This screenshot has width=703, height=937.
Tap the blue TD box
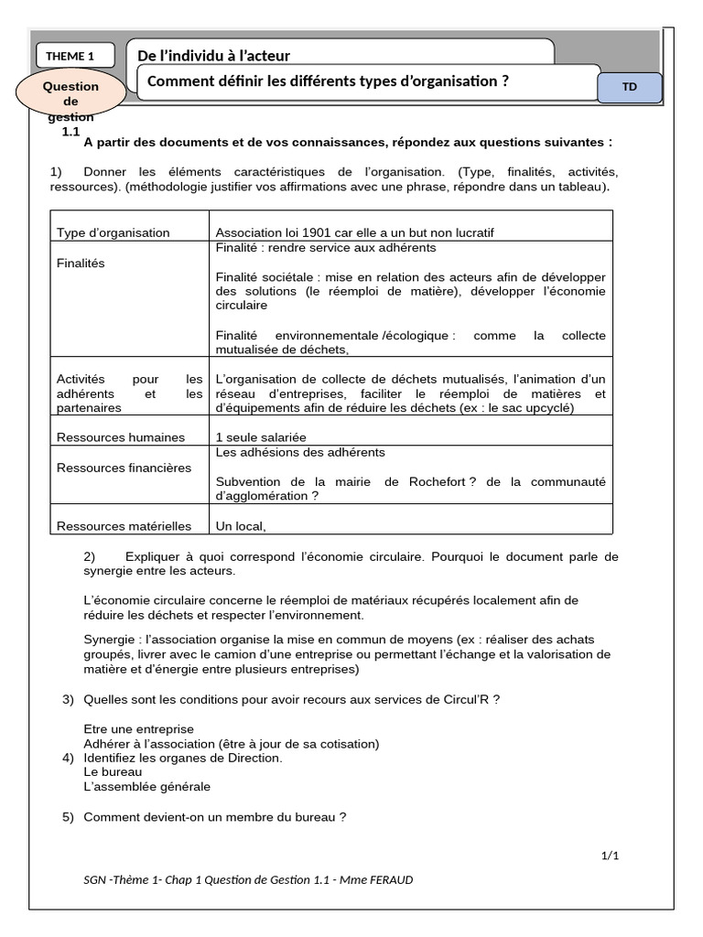(629, 88)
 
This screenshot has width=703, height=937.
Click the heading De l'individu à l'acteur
(213, 56)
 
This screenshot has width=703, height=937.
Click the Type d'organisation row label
(114, 232)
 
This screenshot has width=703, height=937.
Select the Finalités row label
(81, 263)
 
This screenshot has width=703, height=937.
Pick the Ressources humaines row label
(121, 436)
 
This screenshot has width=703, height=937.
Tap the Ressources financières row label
(124, 468)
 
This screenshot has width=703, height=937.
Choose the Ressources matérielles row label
(124, 525)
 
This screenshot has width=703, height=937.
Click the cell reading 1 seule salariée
(261, 436)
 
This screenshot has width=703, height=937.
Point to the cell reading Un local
(240, 525)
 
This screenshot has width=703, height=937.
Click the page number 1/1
(610, 856)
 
